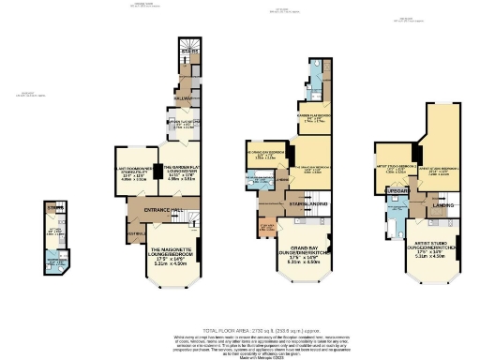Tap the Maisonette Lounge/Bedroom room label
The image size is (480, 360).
[177, 254]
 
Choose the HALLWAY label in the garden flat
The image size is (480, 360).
[184, 97]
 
